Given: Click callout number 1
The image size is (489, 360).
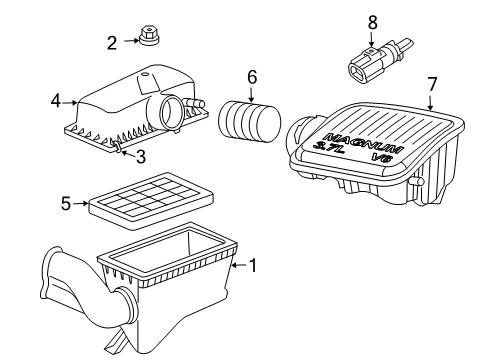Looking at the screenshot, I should click(253, 266).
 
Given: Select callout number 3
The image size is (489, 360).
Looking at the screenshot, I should click(140, 155).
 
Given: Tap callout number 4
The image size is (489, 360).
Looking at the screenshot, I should click(56, 99).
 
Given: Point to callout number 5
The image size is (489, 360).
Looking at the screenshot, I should click(66, 203).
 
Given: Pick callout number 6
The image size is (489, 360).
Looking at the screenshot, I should click(252, 76).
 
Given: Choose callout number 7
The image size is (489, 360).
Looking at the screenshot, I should click(431, 85).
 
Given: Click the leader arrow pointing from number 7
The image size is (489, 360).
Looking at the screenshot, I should click(428, 101).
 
